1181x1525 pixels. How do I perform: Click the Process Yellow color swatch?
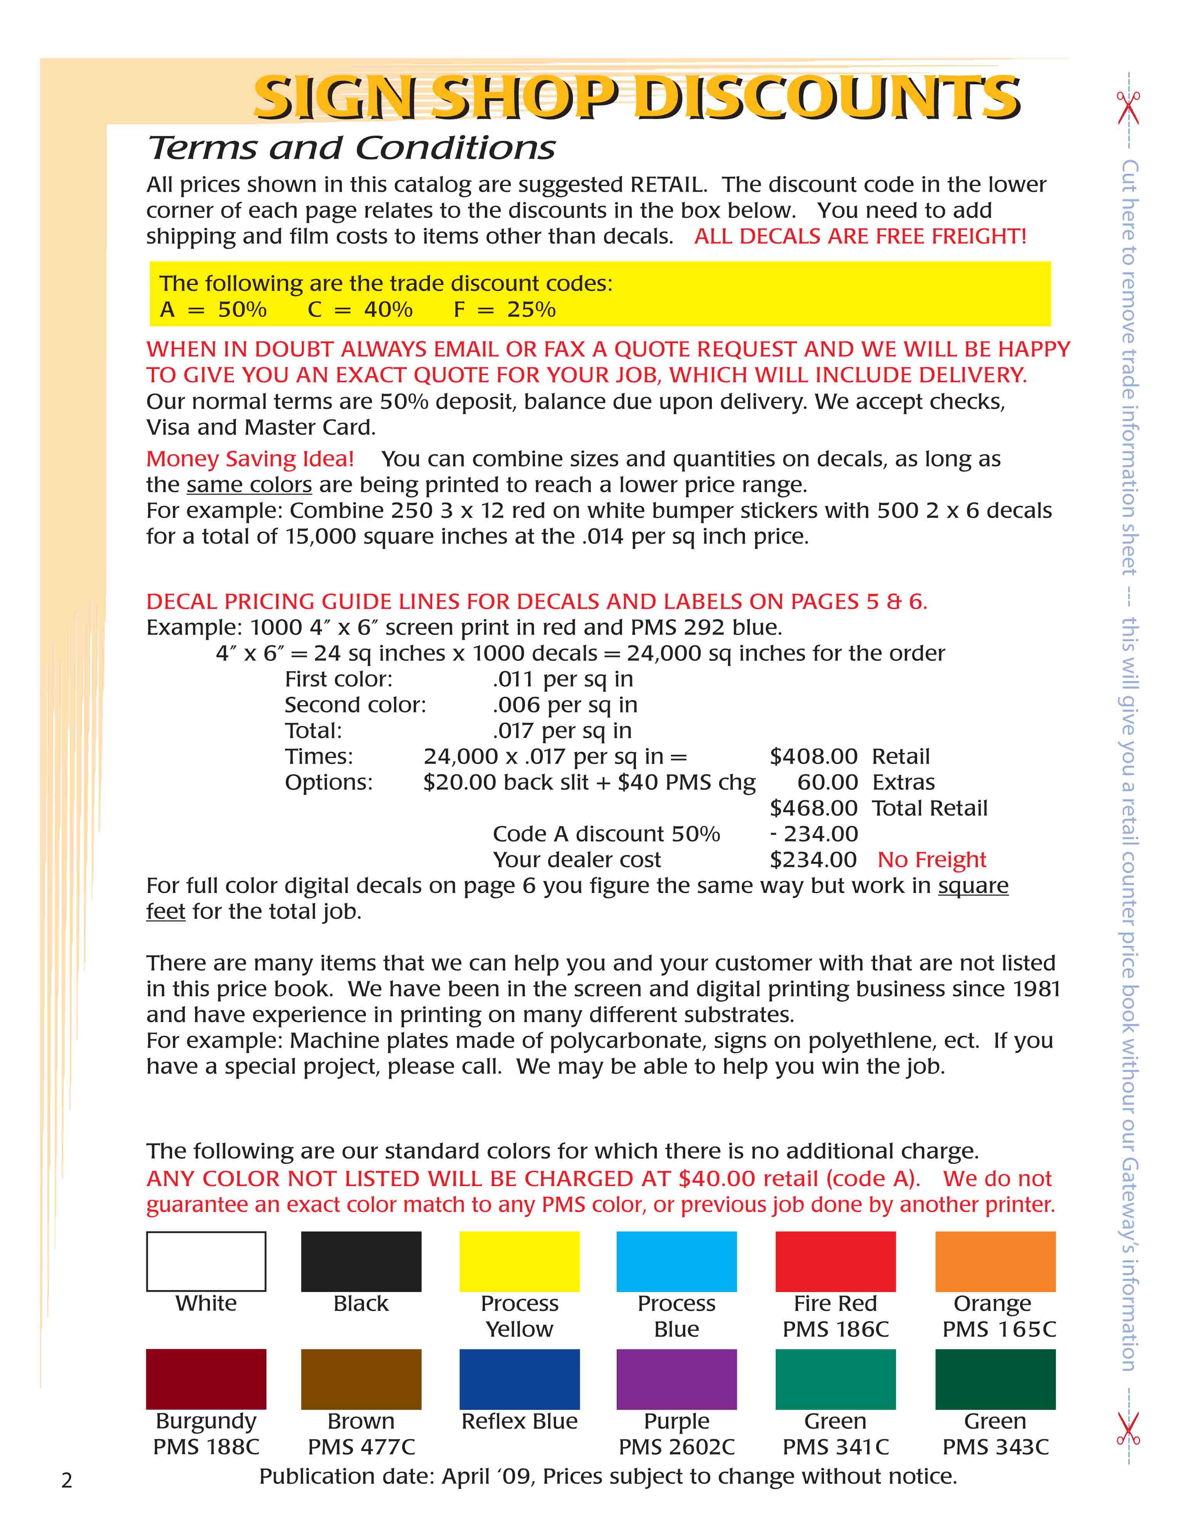click(x=519, y=1261)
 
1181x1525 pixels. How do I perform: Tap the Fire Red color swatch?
click(x=835, y=1261)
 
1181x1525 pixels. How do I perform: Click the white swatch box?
click(x=206, y=1261)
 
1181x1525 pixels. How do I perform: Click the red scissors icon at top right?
click(x=1127, y=108)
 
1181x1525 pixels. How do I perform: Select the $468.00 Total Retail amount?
click(x=813, y=808)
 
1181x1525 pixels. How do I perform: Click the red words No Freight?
click(x=932, y=860)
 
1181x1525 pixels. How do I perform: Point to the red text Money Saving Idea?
click(x=250, y=459)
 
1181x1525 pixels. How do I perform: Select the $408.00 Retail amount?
click(x=813, y=756)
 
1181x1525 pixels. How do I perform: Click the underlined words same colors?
click(x=248, y=484)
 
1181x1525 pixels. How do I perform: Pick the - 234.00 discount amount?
click(x=813, y=834)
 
